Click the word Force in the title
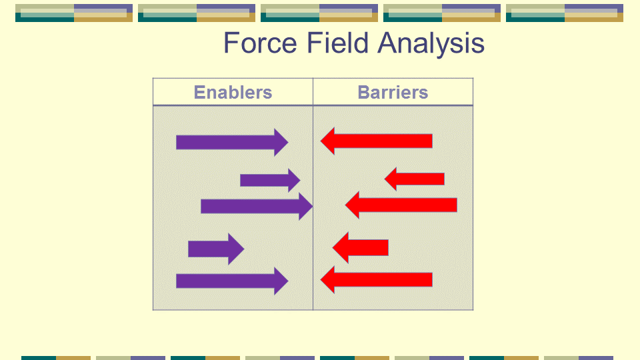(x=261, y=43)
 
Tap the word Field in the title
(x=337, y=43)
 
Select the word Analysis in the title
(x=431, y=44)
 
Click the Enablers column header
(x=233, y=92)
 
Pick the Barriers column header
(x=393, y=92)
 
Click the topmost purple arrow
(x=232, y=143)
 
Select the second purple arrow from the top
(x=270, y=180)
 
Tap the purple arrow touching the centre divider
(x=257, y=207)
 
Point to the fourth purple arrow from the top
(x=216, y=249)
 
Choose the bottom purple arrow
(x=232, y=281)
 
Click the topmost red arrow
(x=376, y=141)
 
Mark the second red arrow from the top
(x=414, y=179)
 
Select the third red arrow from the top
(x=401, y=205)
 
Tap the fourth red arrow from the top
(x=361, y=247)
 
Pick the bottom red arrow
(x=376, y=279)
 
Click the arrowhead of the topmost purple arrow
(x=281, y=143)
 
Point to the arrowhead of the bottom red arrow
(x=328, y=279)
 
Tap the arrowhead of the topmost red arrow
(x=328, y=141)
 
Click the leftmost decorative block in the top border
(x=74, y=13)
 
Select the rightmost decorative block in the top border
(x=565, y=13)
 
